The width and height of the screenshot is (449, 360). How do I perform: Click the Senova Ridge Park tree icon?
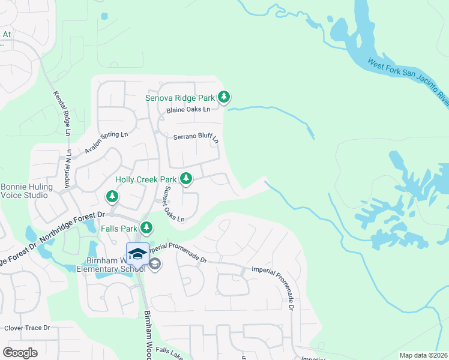click(224, 97)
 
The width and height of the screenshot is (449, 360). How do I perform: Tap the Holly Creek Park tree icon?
click(186, 178)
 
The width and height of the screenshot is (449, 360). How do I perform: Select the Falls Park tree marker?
click(146, 227)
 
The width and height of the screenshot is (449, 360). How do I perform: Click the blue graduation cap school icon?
click(137, 254)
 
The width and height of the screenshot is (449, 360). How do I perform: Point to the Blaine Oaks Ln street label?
click(188, 109)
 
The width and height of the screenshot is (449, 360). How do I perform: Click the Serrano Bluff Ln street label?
click(196, 137)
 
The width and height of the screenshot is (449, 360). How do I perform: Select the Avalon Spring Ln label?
click(106, 143)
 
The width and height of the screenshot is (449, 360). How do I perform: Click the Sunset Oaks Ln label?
click(174, 204)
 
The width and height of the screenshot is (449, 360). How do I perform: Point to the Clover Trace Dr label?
click(27, 328)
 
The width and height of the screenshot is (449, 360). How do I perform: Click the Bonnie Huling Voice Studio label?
click(26, 191)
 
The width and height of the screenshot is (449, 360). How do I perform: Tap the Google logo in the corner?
click(20, 352)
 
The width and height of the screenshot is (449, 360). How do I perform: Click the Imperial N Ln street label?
click(68, 172)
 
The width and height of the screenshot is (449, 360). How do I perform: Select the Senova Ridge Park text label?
click(180, 97)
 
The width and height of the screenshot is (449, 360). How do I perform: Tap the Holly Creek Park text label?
click(146, 179)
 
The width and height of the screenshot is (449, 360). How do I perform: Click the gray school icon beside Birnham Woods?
click(155, 264)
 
